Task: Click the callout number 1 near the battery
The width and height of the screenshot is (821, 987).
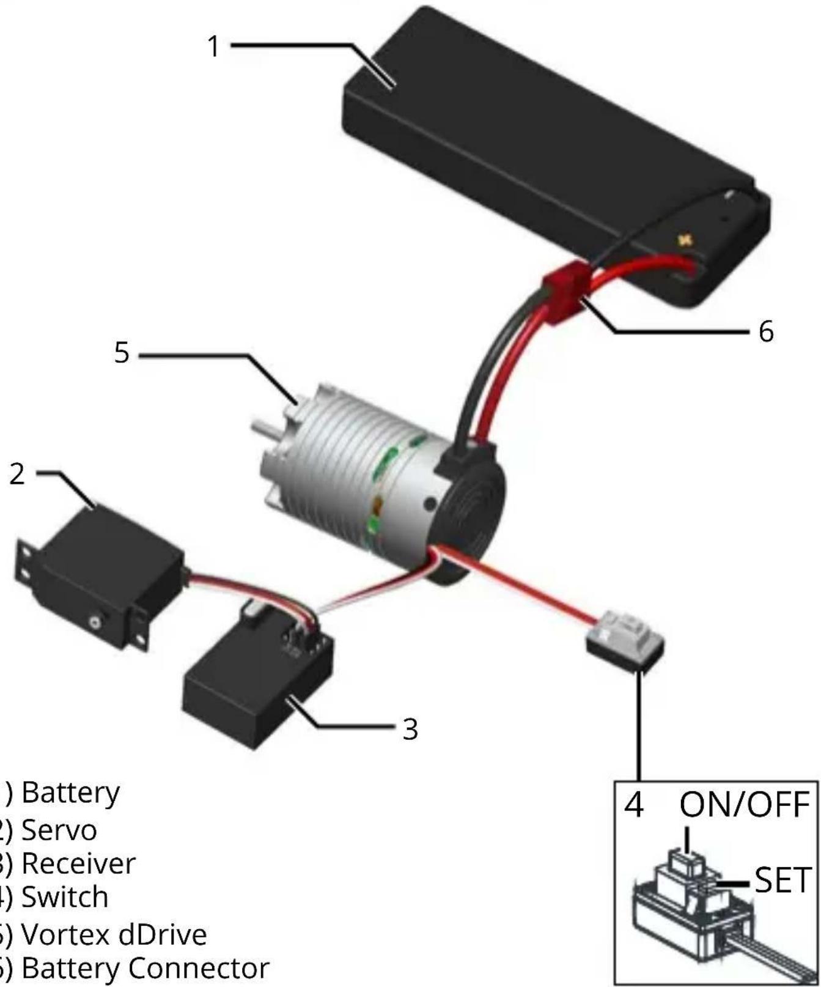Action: click(x=213, y=46)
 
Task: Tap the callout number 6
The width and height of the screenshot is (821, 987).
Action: click(x=766, y=331)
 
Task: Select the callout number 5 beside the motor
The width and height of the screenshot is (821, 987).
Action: click(x=122, y=353)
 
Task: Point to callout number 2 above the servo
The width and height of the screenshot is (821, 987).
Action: click(x=17, y=474)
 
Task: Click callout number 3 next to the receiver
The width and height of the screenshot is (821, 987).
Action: click(x=410, y=729)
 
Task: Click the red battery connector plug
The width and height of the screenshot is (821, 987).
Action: click(x=565, y=287)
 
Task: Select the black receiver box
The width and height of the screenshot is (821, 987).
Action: click(x=257, y=691)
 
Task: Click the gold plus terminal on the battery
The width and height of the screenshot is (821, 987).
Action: click(x=685, y=239)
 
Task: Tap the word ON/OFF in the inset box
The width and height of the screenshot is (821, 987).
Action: click(x=744, y=804)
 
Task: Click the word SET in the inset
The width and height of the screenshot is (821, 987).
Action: click(x=782, y=880)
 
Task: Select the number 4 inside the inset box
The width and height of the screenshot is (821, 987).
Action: click(x=634, y=804)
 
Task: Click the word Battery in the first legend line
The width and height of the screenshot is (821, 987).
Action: click(x=71, y=794)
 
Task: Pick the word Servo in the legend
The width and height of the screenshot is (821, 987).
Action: click(x=59, y=830)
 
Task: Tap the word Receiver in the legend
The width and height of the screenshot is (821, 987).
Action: click(x=78, y=863)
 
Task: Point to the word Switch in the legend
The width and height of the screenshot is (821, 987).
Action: click(x=65, y=898)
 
